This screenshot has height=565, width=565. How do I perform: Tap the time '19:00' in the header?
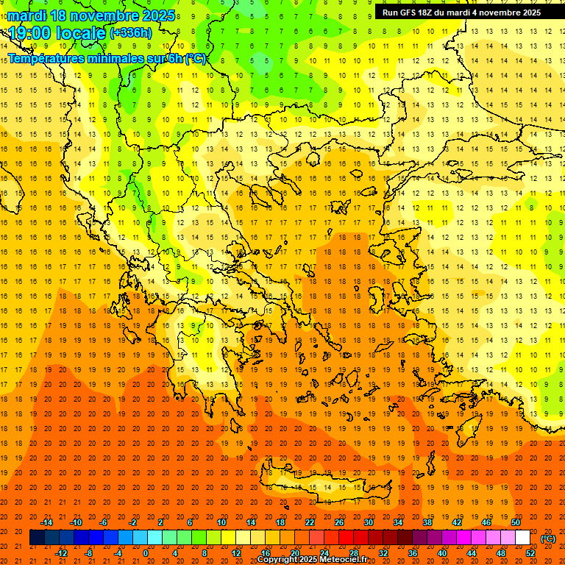[30, 33]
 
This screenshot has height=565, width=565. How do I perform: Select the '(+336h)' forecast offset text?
[130, 33]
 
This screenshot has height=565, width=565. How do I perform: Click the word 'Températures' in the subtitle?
[49, 58]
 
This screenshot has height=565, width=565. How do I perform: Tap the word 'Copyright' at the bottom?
[278, 560]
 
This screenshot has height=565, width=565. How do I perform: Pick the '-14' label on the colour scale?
[46, 522]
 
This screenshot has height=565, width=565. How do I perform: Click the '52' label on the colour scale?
[530, 552]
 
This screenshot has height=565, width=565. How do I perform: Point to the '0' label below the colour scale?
[146, 552]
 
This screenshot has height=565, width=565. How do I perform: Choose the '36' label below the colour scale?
[413, 552]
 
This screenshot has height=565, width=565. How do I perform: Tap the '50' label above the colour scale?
[516, 522]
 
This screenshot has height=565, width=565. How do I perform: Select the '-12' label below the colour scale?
[62, 552]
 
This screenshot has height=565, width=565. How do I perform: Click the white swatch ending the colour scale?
[522, 538]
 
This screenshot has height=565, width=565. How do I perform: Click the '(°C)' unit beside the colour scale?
[548, 539]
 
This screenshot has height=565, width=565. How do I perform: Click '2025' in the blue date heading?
[158, 15]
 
